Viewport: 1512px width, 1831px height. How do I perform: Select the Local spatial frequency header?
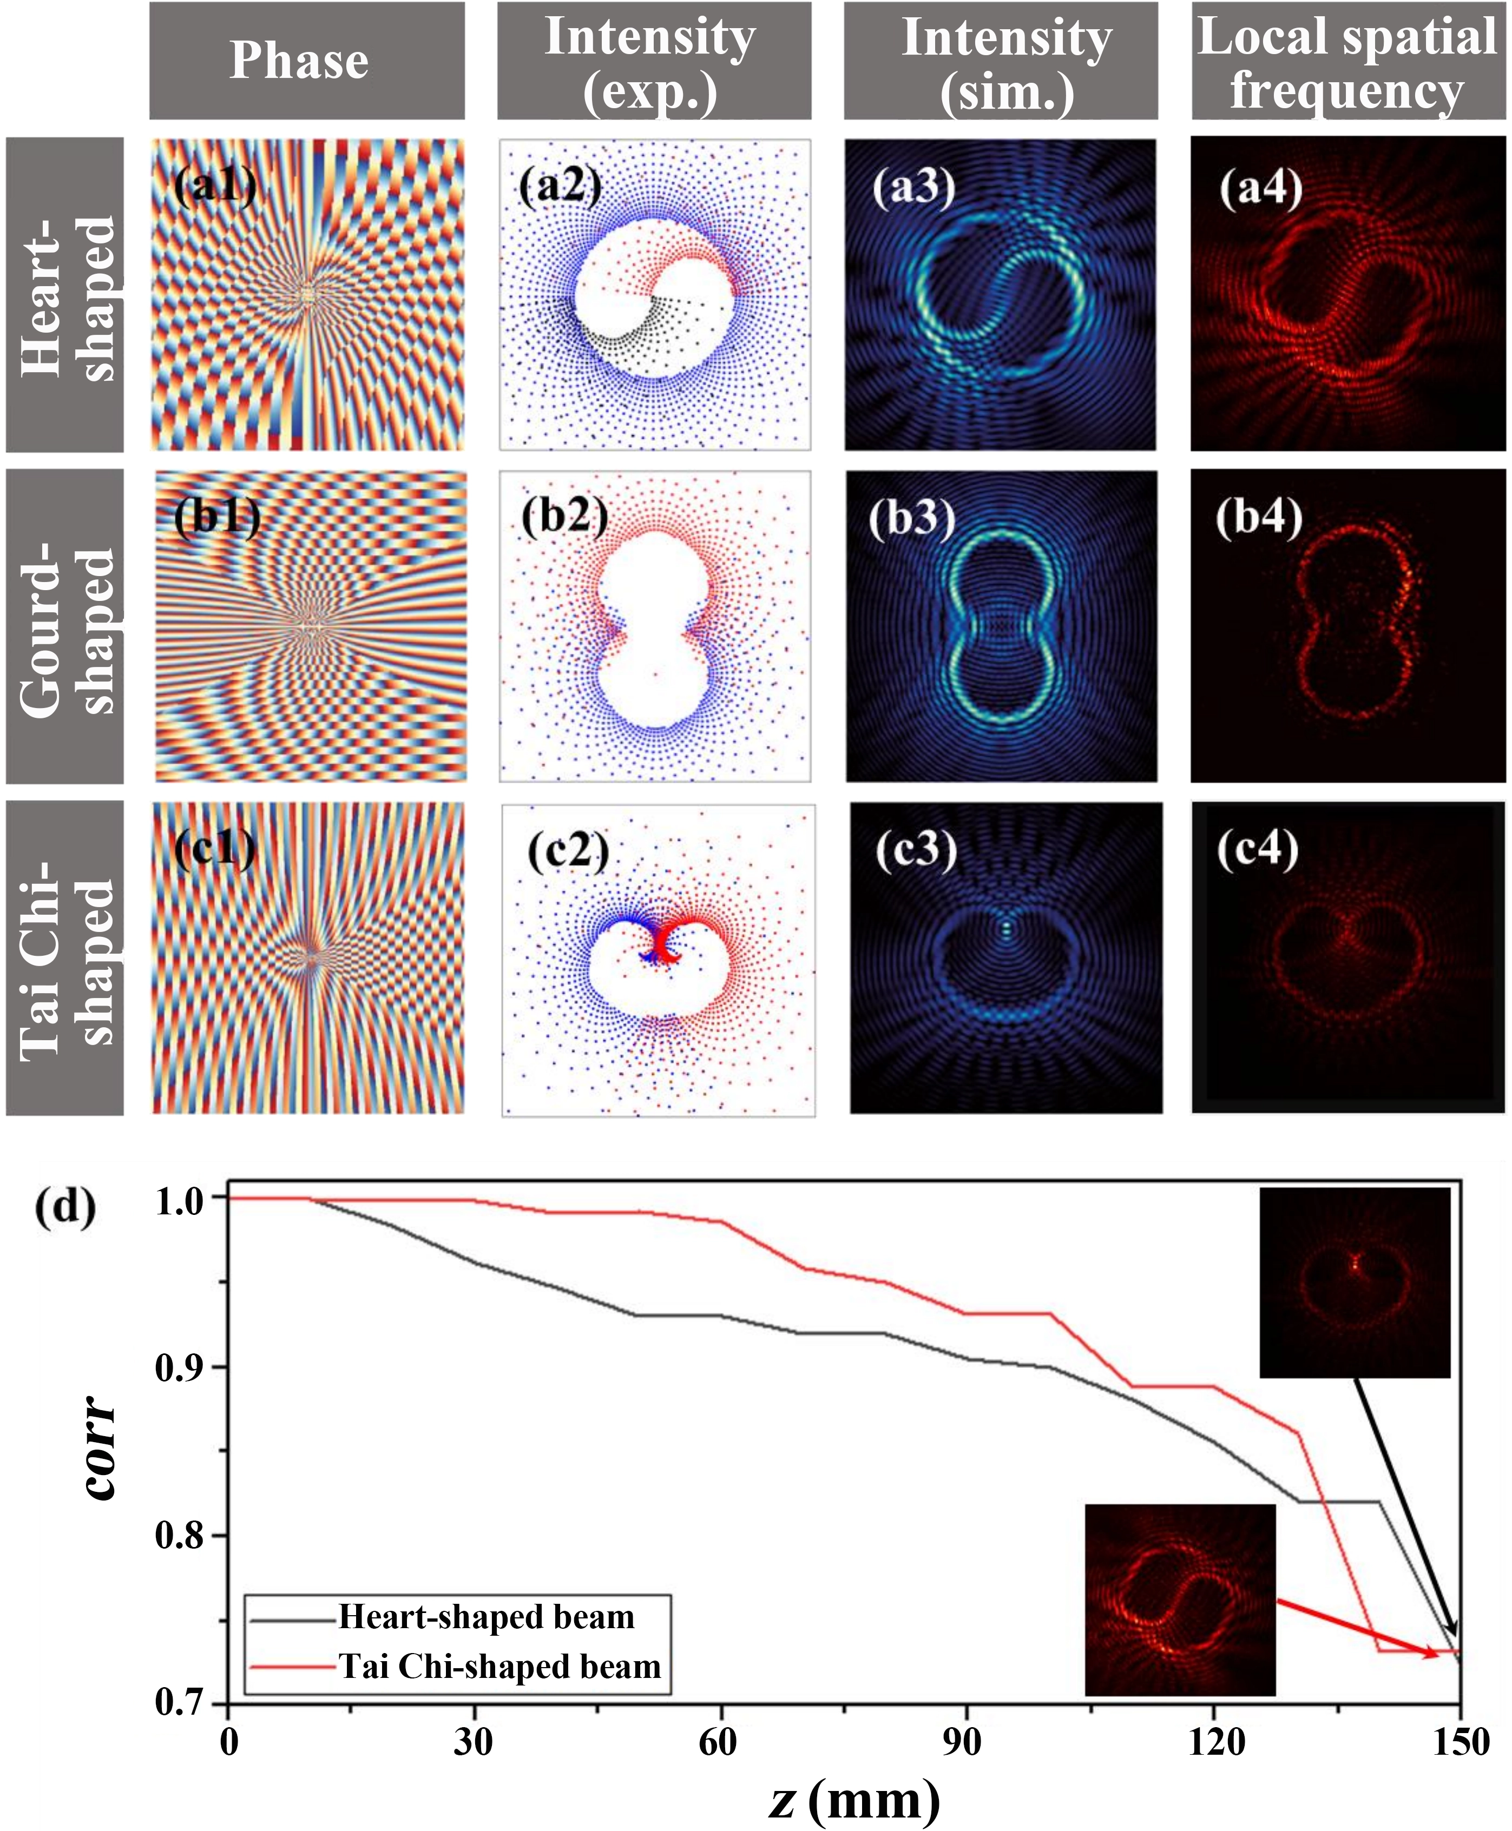[1347, 61]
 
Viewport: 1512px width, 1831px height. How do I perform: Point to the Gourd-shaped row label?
[65, 627]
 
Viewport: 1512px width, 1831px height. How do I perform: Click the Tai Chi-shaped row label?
[65, 958]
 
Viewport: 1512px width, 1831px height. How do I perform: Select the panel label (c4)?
[1257, 848]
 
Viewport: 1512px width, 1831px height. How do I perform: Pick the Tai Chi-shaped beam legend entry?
[499, 1665]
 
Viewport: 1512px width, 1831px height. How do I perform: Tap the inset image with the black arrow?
[1355, 1283]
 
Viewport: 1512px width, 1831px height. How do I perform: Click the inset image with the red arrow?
[1180, 1599]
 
